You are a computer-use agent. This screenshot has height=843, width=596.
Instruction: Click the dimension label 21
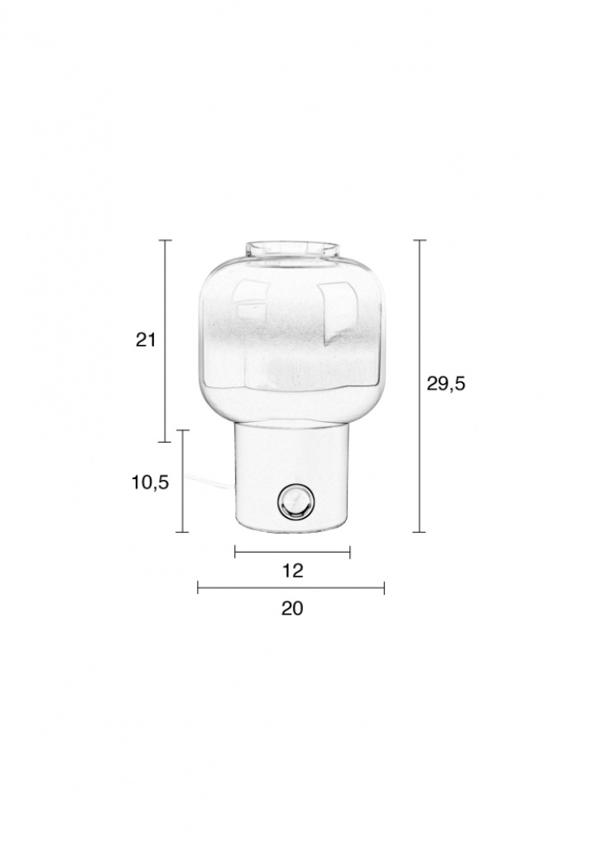point(145,340)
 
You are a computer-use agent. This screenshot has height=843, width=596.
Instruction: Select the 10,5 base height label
point(151,483)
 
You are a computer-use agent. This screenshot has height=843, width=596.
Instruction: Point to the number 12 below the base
point(293,571)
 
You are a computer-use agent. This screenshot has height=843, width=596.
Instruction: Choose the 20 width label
point(292,608)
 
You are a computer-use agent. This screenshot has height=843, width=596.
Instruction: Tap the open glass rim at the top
point(293,250)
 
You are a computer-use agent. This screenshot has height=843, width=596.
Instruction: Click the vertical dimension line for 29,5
point(420,386)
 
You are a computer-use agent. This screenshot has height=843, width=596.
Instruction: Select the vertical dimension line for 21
point(165,341)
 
